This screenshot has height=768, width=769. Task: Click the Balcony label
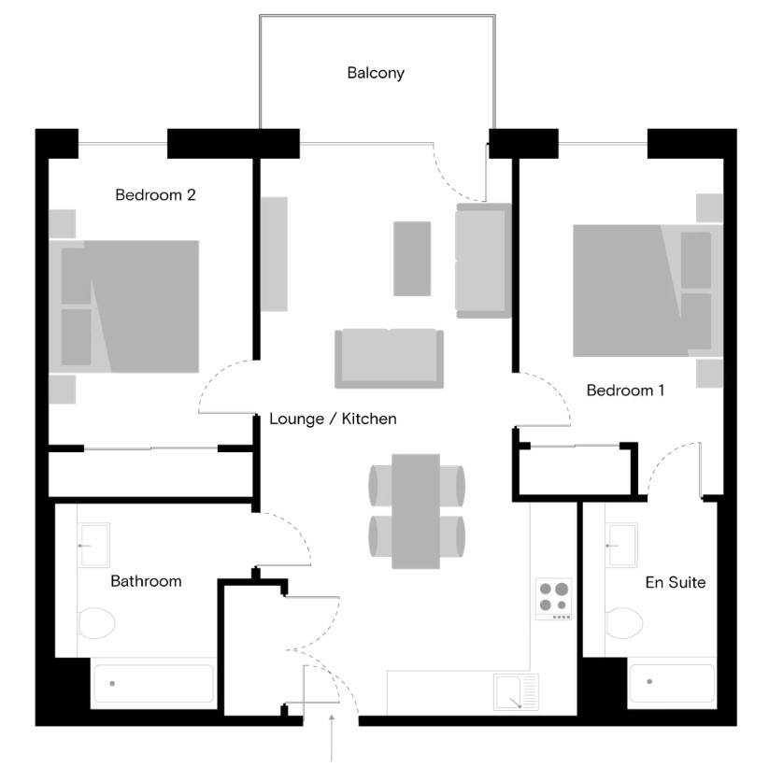(x=376, y=73)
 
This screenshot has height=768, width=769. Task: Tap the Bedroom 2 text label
(x=155, y=195)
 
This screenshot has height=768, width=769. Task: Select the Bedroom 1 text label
(x=625, y=391)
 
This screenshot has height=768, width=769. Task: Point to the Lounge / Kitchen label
(x=333, y=419)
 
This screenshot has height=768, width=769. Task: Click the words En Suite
(x=676, y=583)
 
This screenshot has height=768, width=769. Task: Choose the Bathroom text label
(x=146, y=581)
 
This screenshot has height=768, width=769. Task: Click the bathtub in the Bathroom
(x=153, y=684)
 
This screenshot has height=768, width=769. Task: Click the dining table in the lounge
(x=416, y=510)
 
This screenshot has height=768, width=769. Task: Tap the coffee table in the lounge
(x=412, y=258)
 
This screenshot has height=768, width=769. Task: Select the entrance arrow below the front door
(x=333, y=737)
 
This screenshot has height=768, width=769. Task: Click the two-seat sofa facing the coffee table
(x=389, y=357)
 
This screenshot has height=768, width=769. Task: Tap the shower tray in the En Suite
(x=671, y=684)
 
